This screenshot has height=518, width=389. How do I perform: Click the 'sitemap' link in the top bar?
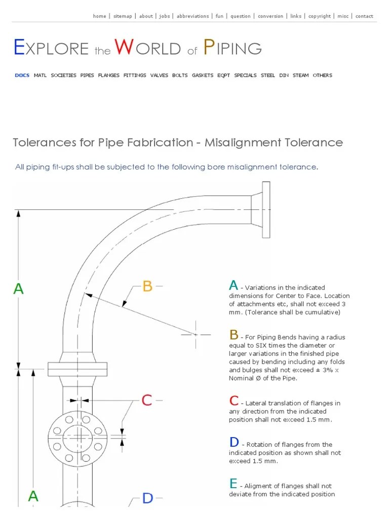coord(123,16)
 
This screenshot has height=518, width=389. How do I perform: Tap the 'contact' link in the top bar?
coord(364,16)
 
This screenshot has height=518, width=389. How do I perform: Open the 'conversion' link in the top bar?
coord(270,16)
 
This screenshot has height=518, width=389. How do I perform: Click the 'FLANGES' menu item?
coord(109,75)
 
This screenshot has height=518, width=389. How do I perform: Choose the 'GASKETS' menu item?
coord(203,75)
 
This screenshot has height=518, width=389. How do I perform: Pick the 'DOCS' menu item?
coord(22,75)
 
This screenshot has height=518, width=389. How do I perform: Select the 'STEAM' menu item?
coord(300,75)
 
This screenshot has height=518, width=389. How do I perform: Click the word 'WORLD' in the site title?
coord(148,49)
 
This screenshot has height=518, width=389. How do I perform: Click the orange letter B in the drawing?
coord(147,286)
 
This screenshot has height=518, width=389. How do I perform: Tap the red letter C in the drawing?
coord(146,401)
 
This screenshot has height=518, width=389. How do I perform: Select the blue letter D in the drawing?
coord(147,498)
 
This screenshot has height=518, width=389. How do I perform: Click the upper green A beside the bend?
coord(18,289)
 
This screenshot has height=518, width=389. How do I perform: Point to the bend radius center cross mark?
coord(196,334)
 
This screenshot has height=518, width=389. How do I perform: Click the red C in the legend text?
coord(234,401)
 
